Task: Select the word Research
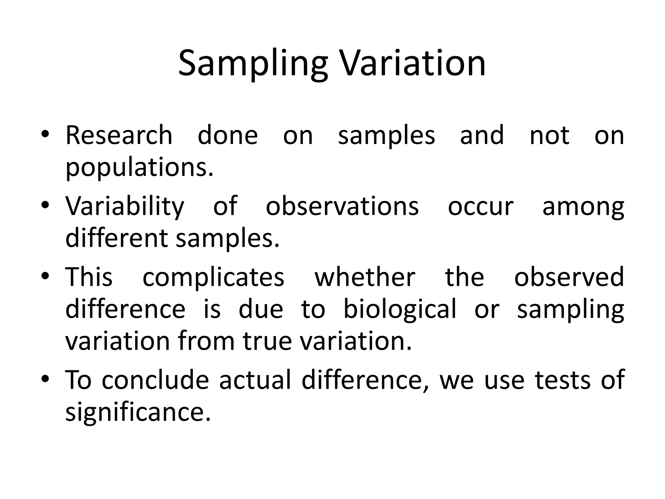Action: [x=119, y=135]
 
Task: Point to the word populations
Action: [x=140, y=168]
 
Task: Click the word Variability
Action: [x=125, y=207]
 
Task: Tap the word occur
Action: [x=481, y=207]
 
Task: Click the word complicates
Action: [x=213, y=277]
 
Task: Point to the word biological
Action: [x=400, y=309]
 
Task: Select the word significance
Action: [x=138, y=412]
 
